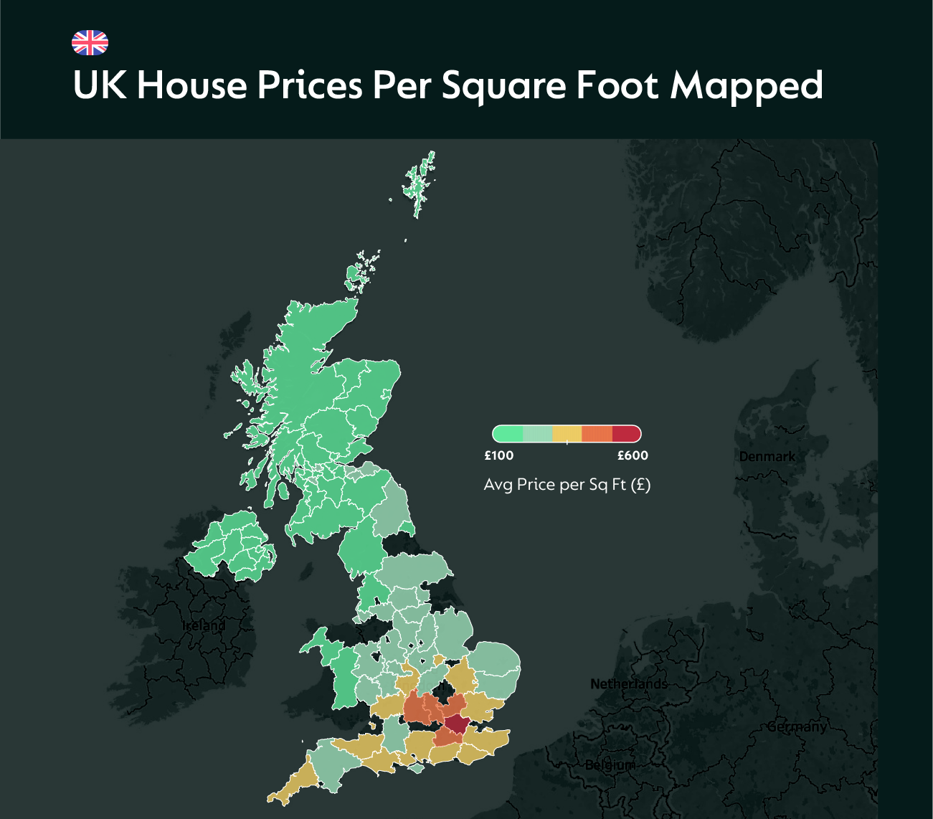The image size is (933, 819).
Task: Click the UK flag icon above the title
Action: click(90, 43)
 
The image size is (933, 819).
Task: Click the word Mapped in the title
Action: click(746, 86)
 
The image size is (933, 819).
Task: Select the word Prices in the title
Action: click(309, 85)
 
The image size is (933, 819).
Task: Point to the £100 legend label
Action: click(499, 455)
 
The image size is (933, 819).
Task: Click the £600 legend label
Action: click(633, 455)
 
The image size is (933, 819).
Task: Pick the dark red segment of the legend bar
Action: click(626, 434)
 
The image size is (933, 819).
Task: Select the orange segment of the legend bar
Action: click(597, 434)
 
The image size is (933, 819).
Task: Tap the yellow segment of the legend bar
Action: click(567, 434)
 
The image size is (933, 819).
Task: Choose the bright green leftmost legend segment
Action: click(508, 434)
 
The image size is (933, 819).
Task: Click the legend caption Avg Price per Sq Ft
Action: click(567, 485)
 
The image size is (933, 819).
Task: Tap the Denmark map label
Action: click(767, 457)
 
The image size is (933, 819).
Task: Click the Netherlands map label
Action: click(628, 684)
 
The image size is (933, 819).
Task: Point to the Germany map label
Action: click(796, 727)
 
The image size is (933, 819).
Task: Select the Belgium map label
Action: click(609, 765)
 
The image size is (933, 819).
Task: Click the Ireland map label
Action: click(204, 626)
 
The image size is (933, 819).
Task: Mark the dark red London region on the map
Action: click(455, 724)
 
